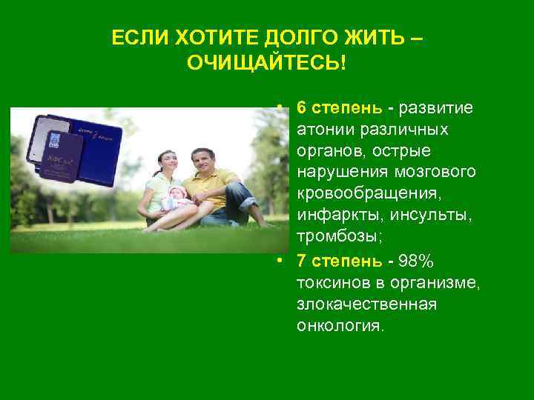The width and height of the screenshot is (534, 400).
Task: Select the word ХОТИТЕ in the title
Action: tap(205, 38)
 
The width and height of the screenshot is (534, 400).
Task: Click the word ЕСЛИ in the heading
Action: tap(135, 38)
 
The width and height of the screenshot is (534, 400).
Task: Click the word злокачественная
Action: tap(367, 304)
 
